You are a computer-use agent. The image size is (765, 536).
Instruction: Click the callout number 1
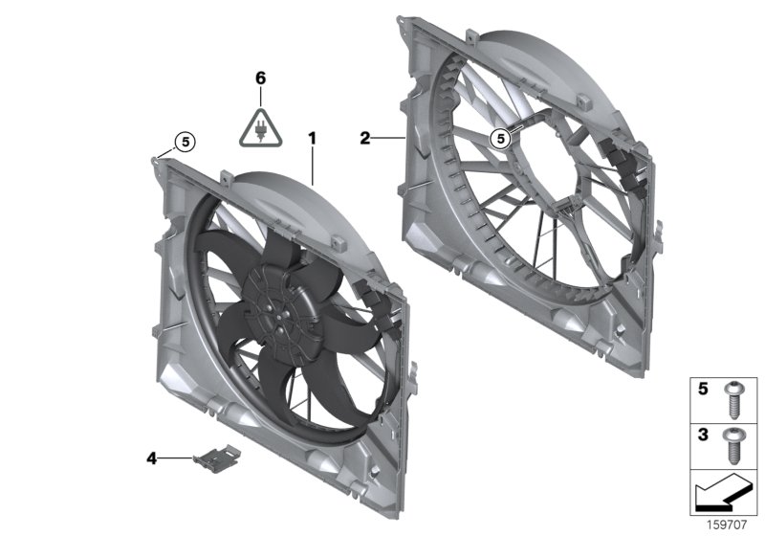coord(312,138)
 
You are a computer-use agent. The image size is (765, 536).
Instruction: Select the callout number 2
coord(364,139)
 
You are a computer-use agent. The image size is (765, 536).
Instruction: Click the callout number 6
coord(259,77)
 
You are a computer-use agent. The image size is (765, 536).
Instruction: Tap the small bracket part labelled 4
coord(216,457)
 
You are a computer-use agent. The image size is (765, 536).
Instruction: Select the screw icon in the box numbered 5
coord(734,395)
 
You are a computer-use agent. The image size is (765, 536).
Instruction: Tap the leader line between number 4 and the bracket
coord(177,458)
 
